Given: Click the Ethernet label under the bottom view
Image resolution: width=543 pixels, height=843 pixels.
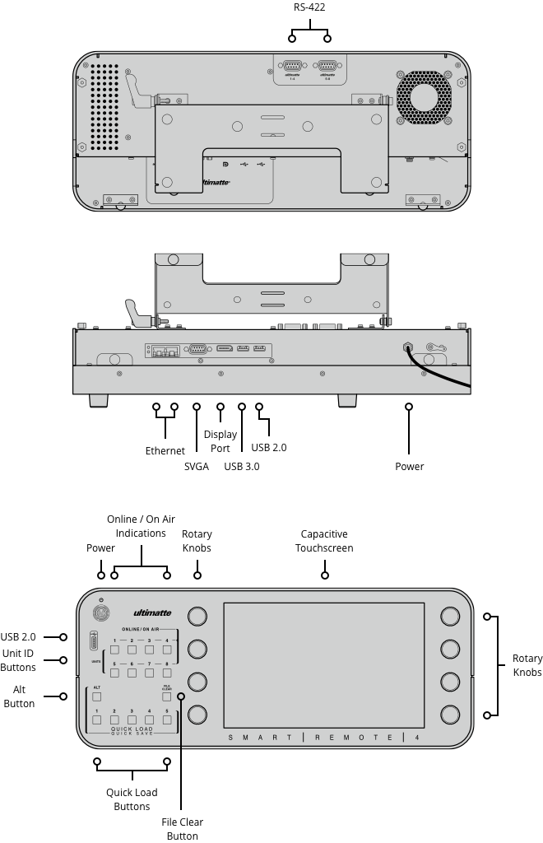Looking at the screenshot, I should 165,450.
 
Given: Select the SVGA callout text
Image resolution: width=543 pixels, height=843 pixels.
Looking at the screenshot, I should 196,466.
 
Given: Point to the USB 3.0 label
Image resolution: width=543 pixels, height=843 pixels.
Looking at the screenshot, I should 242,466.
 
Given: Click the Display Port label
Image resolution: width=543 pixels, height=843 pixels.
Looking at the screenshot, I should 220,441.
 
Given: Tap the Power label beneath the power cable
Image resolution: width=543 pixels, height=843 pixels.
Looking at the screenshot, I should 409,466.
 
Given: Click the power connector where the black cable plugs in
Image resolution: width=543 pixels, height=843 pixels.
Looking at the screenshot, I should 408,347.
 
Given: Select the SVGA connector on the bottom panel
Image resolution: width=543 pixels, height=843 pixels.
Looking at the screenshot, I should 197,349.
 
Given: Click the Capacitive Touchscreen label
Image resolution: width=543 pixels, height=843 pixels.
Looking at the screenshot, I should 324,541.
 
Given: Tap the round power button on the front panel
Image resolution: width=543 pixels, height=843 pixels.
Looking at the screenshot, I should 100,613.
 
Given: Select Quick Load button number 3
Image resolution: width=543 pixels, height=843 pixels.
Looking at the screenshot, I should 132,720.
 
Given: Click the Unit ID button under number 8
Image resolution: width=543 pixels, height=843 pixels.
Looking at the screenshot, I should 168,673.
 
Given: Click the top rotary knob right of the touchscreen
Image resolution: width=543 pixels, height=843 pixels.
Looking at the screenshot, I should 449,617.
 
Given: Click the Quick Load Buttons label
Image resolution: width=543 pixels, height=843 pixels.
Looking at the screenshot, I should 132,799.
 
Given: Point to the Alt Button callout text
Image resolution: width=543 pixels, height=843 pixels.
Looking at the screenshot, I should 18,696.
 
